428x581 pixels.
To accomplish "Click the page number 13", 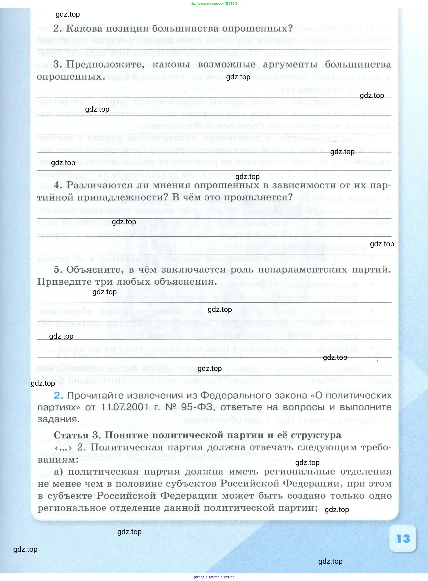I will point(403,539).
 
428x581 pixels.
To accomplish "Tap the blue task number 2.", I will point(59,395).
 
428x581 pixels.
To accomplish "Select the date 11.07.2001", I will point(125,407).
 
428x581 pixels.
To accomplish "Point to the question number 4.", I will point(58,185).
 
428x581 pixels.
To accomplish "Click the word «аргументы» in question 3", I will point(290,64).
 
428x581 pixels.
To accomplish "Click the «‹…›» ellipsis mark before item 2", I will point(63,447).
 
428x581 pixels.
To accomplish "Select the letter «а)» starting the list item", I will point(58,472).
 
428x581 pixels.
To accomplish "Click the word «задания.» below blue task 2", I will point(58,419).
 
